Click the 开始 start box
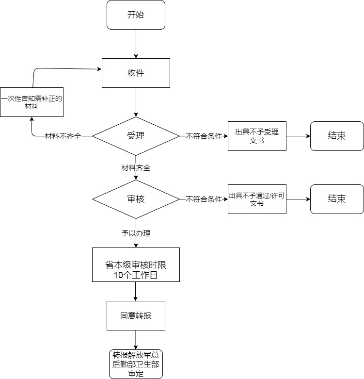pyautogui.click(x=136, y=15)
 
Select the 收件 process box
pyautogui.click(x=136, y=73)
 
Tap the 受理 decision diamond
pyautogui.click(x=136, y=136)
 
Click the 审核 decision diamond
pyautogui.click(x=136, y=199)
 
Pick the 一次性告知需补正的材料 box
pyautogui.click(x=32, y=102)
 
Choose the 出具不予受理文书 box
pyautogui.click(x=257, y=136)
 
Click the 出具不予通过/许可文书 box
pyautogui.click(x=257, y=199)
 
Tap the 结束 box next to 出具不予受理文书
pyautogui.click(x=337, y=136)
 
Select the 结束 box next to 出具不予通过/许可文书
pyautogui.click(x=337, y=199)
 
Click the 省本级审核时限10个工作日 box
pyautogui.click(x=136, y=265)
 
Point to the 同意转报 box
pyautogui.click(x=136, y=315)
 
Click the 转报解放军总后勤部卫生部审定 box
pyautogui.click(x=136, y=363)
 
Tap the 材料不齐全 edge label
pyautogui.click(x=63, y=136)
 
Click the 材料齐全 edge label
pyautogui.click(x=136, y=168)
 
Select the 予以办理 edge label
pyautogui.click(x=136, y=233)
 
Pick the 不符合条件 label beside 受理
pyautogui.click(x=204, y=136)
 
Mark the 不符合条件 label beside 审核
pyautogui.click(x=204, y=199)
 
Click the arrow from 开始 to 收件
pyautogui.click(x=136, y=44)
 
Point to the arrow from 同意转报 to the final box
pyautogui.click(x=136, y=340)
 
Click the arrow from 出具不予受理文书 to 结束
pyautogui.click(x=298, y=136)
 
